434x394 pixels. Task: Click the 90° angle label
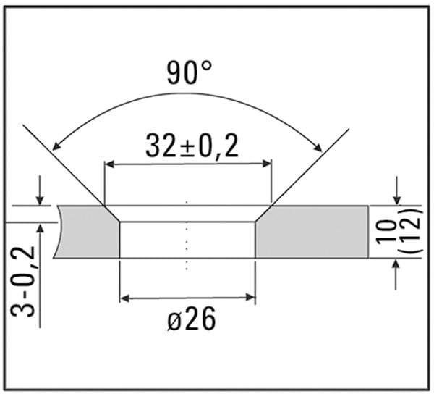point(190,73)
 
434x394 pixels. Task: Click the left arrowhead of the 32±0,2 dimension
point(110,164)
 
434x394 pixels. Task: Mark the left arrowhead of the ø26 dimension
point(124,296)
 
